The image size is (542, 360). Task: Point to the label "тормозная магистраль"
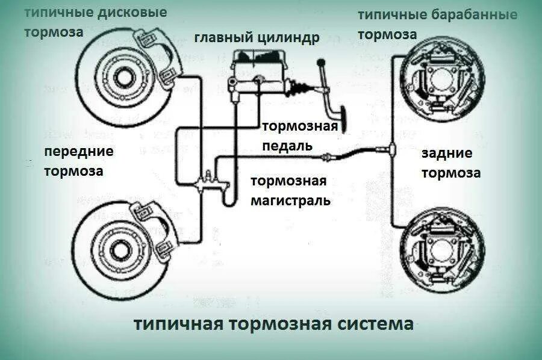290,191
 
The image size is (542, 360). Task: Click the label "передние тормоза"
78,161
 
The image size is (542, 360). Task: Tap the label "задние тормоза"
450,163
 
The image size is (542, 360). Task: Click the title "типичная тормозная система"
273,324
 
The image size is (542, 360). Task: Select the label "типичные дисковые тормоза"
95,22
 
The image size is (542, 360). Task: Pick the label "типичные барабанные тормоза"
438,23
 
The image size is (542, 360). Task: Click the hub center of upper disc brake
125,77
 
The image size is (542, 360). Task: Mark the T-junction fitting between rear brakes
391,147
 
